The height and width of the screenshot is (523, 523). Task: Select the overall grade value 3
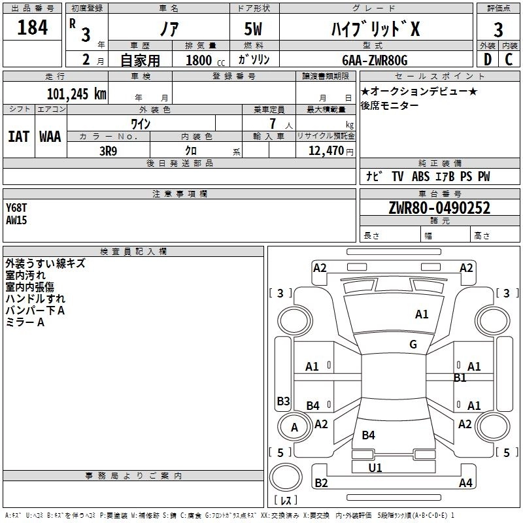coord(498,30)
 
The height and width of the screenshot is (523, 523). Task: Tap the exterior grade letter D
coord(487,59)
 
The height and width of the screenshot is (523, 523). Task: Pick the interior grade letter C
coord(509,59)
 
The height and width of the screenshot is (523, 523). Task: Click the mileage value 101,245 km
coord(76,93)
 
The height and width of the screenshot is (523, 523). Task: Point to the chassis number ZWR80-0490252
coord(439,208)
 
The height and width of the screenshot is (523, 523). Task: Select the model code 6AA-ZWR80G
coord(375,60)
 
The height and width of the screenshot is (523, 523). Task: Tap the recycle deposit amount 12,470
coord(325,151)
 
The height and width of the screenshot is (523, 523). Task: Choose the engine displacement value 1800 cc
coord(203,60)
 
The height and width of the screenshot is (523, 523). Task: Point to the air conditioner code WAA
coord(50,136)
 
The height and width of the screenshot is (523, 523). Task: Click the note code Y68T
coord(17,208)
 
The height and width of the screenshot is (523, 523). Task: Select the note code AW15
coord(17,220)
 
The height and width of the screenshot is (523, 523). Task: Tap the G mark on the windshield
coord(413,345)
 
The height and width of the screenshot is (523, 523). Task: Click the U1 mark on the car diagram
coord(375,467)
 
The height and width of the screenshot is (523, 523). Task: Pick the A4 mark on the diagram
coord(465,483)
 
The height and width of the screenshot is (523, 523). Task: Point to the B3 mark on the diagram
coord(283,401)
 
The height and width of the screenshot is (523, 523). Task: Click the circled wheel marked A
coord(294,428)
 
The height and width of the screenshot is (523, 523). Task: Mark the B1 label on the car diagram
coord(460,377)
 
